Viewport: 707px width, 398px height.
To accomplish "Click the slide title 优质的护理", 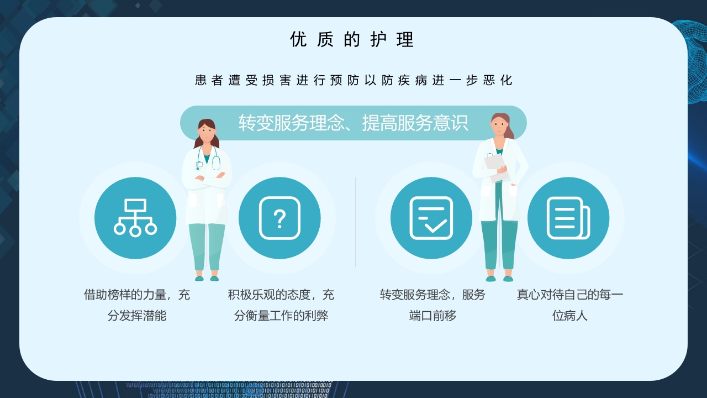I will pos(352,40).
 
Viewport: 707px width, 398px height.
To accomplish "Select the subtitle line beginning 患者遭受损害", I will pos(353,80).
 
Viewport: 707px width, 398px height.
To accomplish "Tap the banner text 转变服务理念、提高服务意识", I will pos(353,123).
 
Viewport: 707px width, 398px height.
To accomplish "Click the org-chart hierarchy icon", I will pos(135,218).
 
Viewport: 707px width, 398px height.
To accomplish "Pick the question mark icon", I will pos(279,218).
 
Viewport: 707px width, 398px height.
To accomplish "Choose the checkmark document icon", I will pos(431,218).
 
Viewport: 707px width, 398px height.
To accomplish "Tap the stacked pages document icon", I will pos(568,218).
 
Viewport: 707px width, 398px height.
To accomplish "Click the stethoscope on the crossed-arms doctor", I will pos(215,161).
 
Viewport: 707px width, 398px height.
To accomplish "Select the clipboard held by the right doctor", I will pos(495,164).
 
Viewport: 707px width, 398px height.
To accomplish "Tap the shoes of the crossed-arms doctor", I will pos(207,279).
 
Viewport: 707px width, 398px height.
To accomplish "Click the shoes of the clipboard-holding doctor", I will pos(499,279).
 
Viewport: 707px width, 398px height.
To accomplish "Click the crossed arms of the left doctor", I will pos(207,179).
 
